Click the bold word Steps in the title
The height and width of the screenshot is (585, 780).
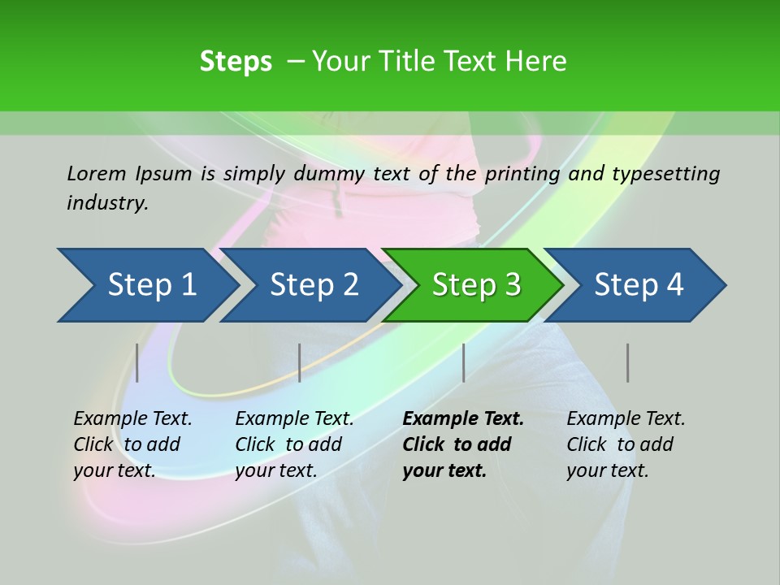(236, 62)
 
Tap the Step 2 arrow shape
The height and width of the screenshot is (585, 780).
(314, 285)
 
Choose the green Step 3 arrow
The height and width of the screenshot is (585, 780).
(476, 285)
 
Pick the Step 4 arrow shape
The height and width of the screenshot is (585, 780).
(639, 285)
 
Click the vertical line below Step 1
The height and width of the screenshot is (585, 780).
(137, 362)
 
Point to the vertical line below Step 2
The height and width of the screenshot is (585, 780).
(300, 362)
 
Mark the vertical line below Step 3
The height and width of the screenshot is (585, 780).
(464, 362)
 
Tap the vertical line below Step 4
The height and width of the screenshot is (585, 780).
(627, 362)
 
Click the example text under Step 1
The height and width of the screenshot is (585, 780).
(132, 444)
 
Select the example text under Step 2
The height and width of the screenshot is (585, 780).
(294, 444)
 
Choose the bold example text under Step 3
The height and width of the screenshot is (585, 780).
(463, 444)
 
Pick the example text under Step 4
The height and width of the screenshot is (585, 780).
(626, 444)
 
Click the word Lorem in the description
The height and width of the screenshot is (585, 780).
(97, 173)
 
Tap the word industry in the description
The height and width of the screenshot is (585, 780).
(107, 202)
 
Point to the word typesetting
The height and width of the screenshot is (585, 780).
(665, 174)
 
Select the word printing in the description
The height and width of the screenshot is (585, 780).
(523, 174)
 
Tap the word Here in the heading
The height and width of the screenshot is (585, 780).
(535, 62)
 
